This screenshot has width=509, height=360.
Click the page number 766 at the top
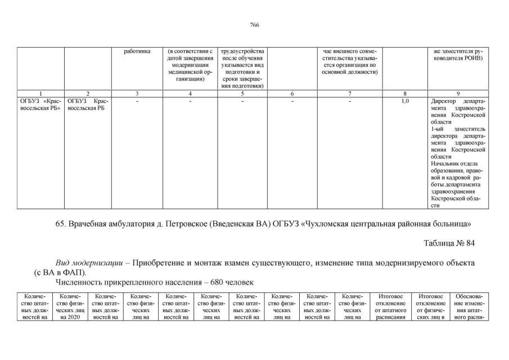coord(254,25)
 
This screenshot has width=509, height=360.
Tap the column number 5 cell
coord(242,93)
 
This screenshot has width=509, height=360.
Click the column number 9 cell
coord(458,93)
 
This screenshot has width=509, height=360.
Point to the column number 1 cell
coord(40,93)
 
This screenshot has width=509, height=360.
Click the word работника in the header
coord(137,52)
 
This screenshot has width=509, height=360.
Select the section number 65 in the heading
coord(61,224)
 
